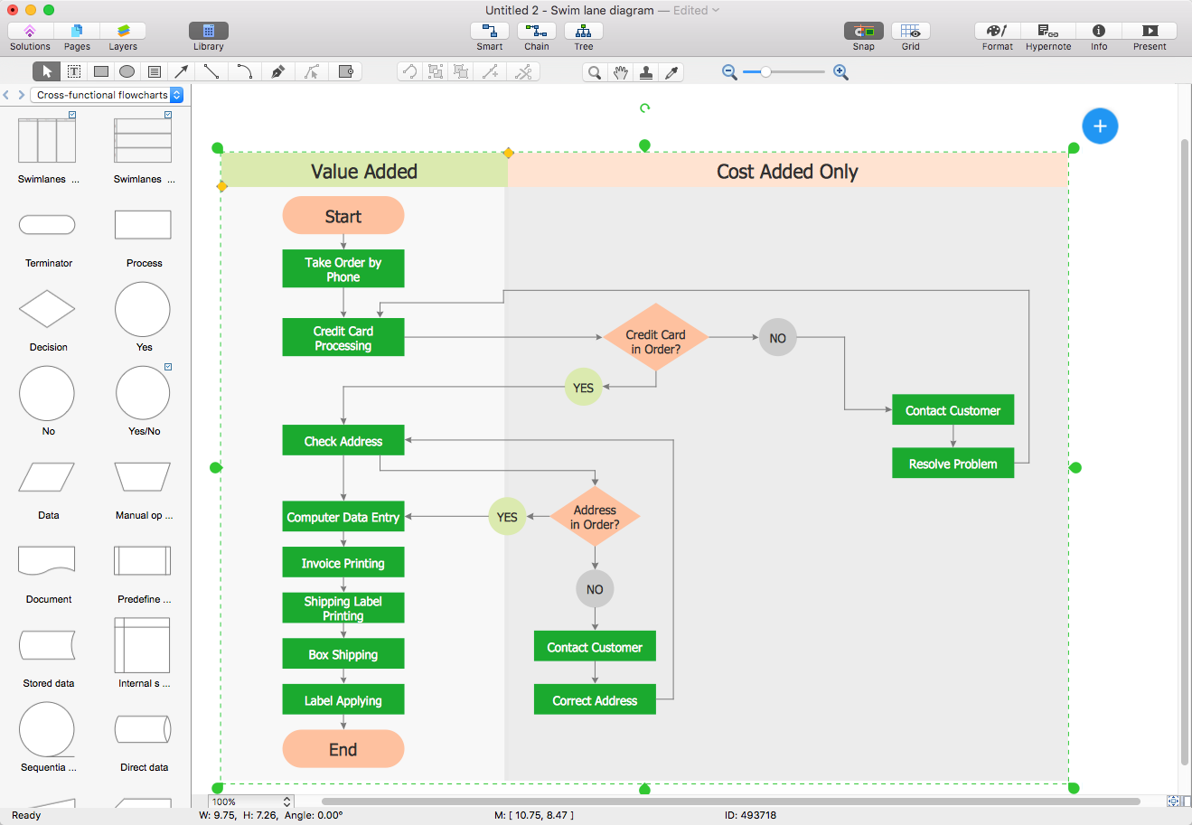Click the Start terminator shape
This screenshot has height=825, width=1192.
click(343, 216)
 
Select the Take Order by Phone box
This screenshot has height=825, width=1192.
click(343, 269)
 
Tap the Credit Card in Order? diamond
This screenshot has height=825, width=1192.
click(655, 337)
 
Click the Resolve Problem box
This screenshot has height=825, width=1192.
click(953, 464)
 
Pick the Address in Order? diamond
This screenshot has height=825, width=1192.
click(595, 517)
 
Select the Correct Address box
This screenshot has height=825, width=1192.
click(595, 700)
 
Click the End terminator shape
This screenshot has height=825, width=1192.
click(343, 749)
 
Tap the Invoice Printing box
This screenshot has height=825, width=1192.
click(343, 563)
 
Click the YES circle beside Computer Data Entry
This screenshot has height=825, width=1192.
click(507, 517)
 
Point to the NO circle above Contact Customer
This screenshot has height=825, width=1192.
click(595, 589)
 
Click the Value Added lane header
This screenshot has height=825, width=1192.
click(363, 172)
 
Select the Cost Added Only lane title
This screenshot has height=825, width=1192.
click(787, 172)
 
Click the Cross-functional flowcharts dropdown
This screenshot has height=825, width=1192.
click(108, 95)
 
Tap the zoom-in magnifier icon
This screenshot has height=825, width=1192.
click(840, 72)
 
